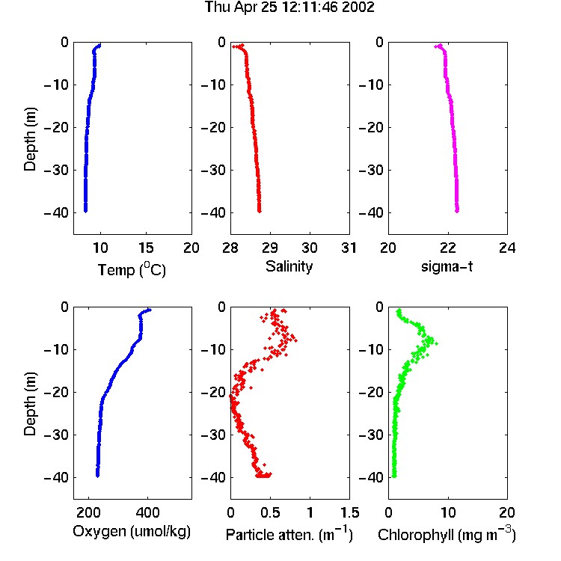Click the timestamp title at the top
(289, 7)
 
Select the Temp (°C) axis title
(132, 269)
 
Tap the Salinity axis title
(289, 266)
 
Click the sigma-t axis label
(447, 266)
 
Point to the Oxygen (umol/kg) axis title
(132, 532)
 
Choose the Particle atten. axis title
(289, 534)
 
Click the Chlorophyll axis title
(447, 534)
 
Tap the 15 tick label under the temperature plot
(146, 248)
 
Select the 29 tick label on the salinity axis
(270, 248)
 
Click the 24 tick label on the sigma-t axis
(507, 248)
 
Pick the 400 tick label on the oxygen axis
(148, 512)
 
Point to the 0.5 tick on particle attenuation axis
(270, 512)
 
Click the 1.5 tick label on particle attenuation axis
(349, 512)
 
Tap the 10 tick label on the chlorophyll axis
(448, 512)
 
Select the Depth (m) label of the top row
(31, 139)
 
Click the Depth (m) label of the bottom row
(31, 404)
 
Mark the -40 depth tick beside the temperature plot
(56, 213)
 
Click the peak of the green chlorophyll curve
(436, 343)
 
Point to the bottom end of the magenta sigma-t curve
(457, 211)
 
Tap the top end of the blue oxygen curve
(150, 310)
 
